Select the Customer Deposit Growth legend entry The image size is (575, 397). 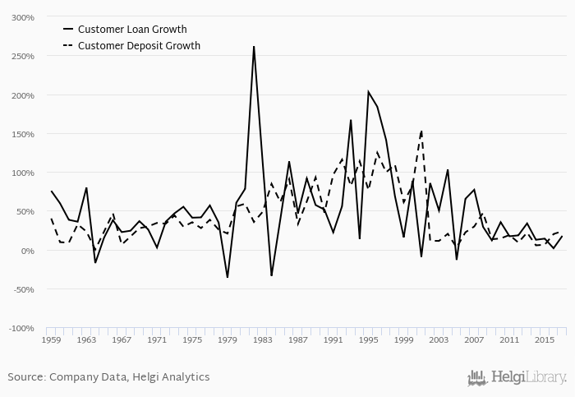click(139, 46)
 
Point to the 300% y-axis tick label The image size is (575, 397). click(22, 17)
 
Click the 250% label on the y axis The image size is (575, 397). click(22, 57)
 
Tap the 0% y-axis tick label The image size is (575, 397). click(27, 251)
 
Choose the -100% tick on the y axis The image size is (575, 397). click(21, 329)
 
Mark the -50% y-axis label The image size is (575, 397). click(22, 289)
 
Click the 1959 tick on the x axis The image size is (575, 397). click(52, 339)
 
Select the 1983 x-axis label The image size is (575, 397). click(263, 339)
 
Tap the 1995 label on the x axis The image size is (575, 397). click(369, 339)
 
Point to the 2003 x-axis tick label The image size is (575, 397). click(439, 339)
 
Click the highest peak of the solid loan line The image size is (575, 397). click(254, 46)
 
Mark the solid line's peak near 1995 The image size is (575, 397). click(368, 91)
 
